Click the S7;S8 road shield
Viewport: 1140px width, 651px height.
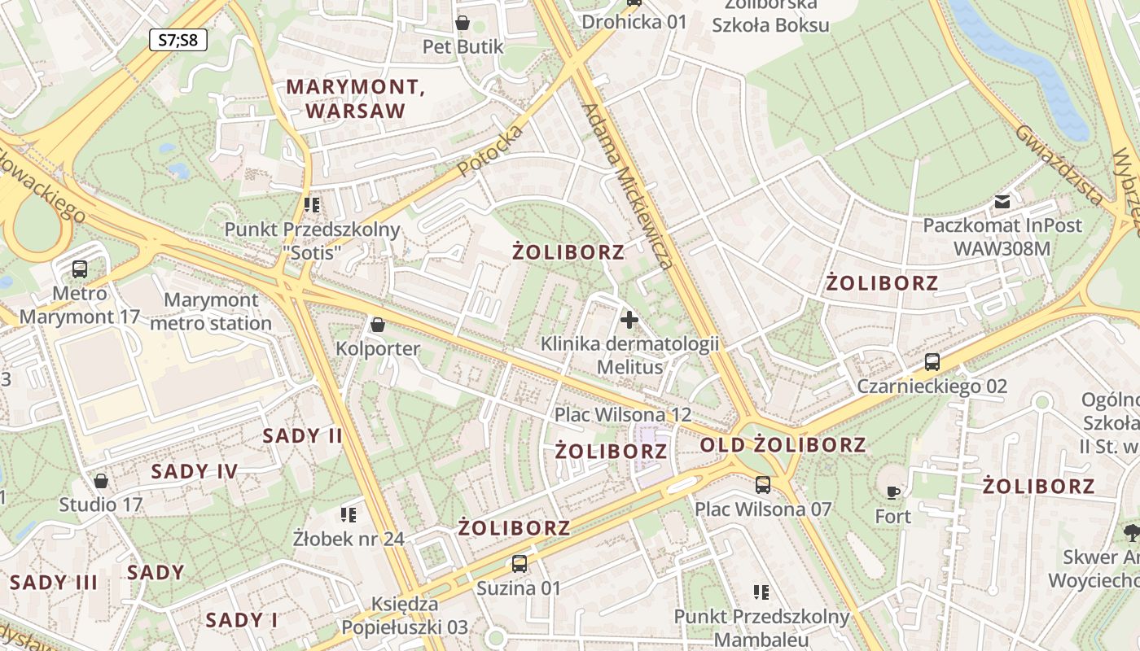(178, 39)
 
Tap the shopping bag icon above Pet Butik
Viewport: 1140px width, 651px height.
(463, 23)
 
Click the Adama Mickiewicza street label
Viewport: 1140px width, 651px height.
(629, 186)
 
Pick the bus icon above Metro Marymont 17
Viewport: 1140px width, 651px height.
(80, 269)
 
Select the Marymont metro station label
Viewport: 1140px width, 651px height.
(212, 312)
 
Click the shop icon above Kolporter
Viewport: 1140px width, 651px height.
(378, 325)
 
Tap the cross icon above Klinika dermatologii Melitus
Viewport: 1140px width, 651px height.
(629, 319)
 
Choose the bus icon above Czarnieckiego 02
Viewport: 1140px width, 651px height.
(932, 362)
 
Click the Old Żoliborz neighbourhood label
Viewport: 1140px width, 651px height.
(783, 445)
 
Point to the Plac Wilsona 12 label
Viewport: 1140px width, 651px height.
(623, 414)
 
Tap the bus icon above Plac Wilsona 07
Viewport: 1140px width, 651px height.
(763, 485)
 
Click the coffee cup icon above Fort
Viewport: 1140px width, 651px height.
(893, 492)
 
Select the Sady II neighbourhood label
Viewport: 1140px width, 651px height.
(303, 436)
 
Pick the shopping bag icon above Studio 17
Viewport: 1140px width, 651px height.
(101, 481)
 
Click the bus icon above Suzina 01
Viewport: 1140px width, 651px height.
(519, 563)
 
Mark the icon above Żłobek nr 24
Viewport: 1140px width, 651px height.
(349, 514)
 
